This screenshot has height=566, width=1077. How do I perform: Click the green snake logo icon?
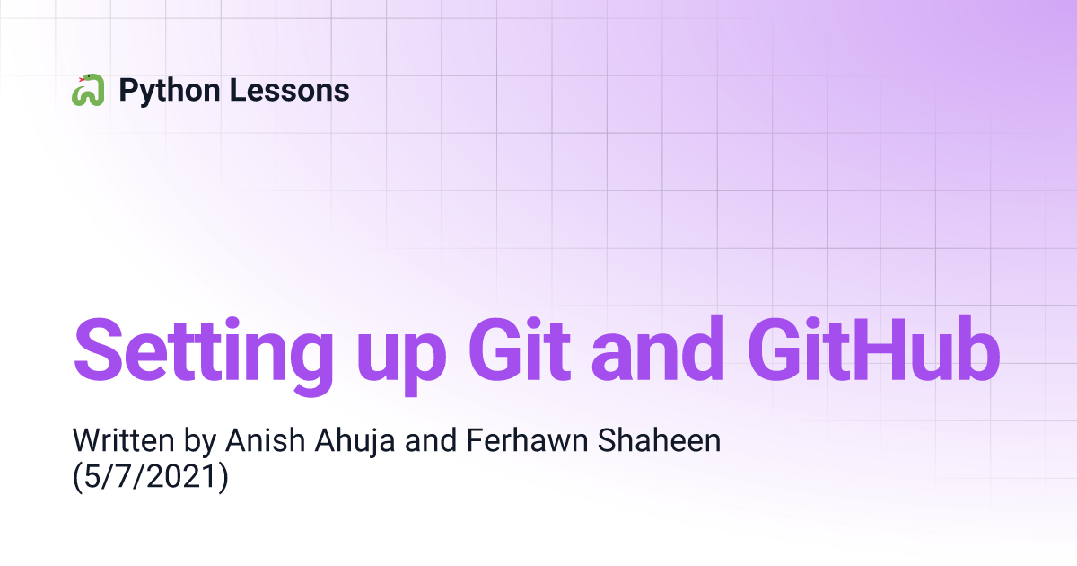pos(88,90)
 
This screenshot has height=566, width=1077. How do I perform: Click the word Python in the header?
pos(170,92)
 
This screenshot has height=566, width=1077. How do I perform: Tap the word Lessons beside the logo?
pos(289,90)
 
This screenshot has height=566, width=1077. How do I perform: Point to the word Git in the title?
pos(520,349)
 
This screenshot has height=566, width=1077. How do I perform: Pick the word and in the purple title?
pos(658,349)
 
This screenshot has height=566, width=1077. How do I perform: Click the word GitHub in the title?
pos(874,349)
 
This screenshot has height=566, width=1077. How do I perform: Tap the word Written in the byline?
pos(124,440)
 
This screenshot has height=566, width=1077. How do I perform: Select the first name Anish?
pos(266,440)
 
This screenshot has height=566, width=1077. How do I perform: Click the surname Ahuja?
pos(355,442)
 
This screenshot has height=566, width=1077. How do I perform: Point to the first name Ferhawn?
pos(528,440)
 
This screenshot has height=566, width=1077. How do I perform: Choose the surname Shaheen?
pos(659,440)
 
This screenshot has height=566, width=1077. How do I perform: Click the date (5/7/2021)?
pos(151,477)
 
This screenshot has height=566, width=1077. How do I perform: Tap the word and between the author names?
pos(431,440)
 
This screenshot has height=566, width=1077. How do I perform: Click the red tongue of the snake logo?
pos(82,79)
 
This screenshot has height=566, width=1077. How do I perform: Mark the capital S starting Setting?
pos(99,349)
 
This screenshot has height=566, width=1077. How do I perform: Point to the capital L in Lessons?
pos(238,90)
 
